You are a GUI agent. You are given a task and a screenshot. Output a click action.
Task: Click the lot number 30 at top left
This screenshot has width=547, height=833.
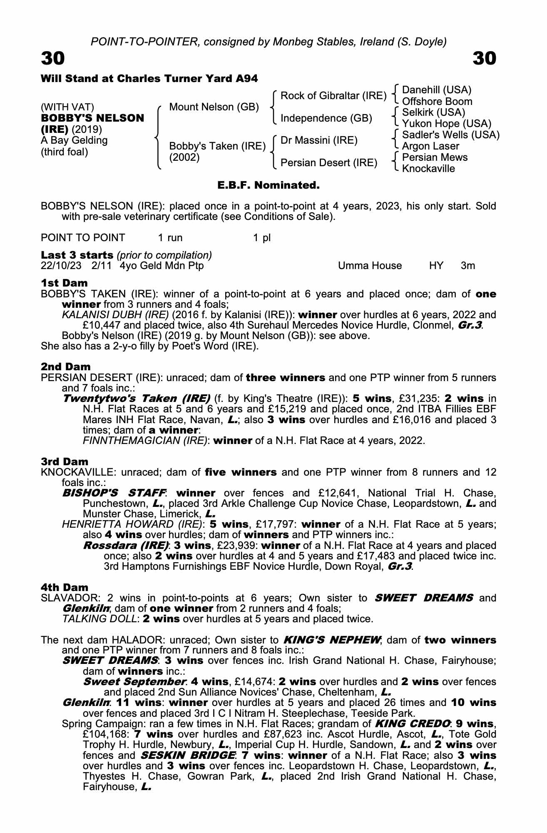click(x=53, y=59)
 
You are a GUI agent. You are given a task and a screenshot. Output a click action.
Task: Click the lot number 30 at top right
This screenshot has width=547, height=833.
click(x=485, y=59)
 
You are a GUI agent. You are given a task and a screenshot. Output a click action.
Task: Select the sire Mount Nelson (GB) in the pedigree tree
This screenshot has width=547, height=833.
click(x=214, y=107)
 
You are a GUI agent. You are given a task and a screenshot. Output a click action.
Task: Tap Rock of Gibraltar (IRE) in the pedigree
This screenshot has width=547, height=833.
click(x=333, y=96)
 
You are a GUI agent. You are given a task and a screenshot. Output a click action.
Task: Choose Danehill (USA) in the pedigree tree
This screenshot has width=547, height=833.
click(x=437, y=90)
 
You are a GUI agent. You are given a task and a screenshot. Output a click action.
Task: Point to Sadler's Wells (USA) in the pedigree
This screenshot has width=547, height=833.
click(x=450, y=135)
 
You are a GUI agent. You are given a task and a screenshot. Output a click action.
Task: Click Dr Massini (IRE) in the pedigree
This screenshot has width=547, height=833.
click(x=319, y=140)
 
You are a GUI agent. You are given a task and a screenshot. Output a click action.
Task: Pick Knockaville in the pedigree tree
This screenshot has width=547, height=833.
click(x=428, y=169)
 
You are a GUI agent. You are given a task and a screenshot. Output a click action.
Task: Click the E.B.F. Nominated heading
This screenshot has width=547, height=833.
click(x=269, y=185)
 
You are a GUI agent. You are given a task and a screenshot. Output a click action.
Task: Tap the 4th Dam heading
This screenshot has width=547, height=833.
click(x=65, y=588)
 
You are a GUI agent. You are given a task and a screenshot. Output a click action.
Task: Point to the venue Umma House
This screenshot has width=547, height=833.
click(x=370, y=266)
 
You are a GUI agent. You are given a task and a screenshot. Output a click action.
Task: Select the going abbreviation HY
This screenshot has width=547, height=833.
click(x=436, y=266)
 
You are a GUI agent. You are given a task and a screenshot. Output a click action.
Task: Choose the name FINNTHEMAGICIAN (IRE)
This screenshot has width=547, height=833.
click(x=146, y=441)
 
